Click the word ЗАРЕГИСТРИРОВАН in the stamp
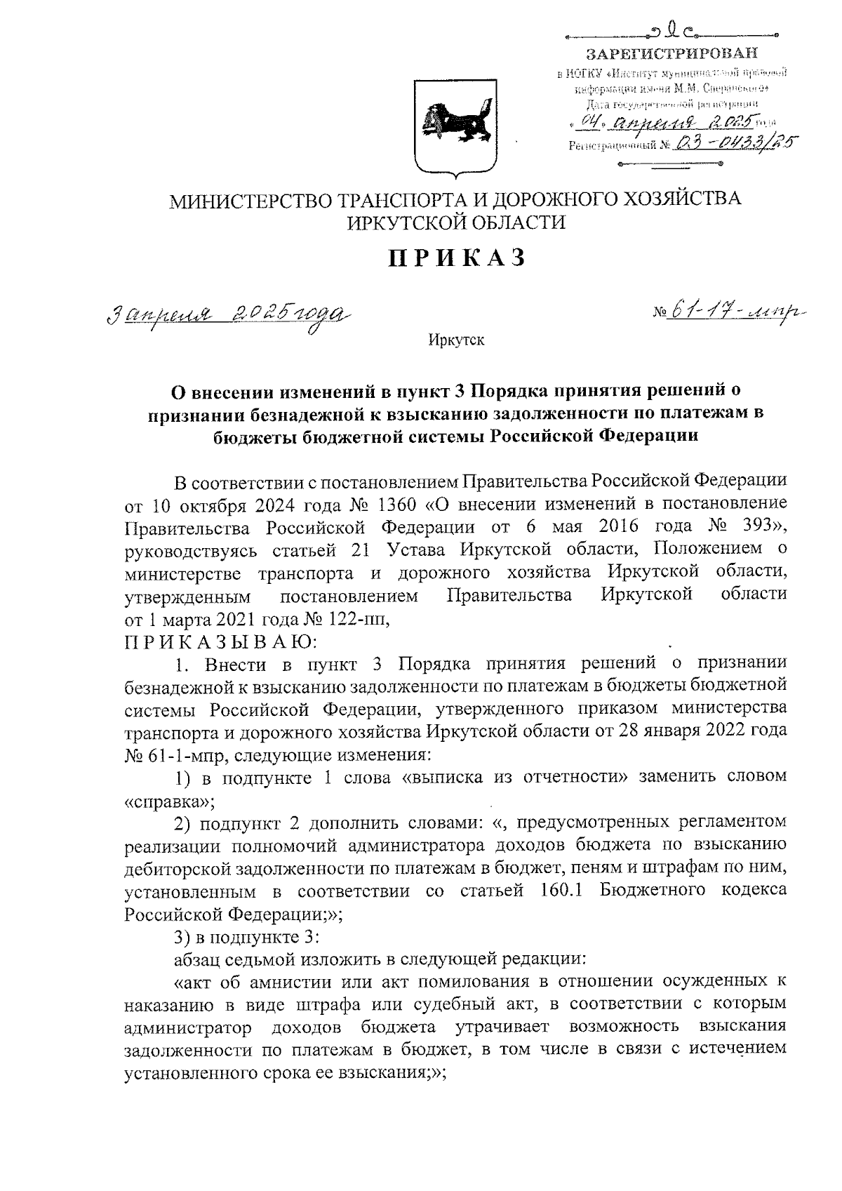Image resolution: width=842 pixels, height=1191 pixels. click(x=672, y=53)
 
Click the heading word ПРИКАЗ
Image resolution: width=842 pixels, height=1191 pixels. click(x=457, y=258)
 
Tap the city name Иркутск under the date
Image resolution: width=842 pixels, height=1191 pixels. click(x=456, y=341)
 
